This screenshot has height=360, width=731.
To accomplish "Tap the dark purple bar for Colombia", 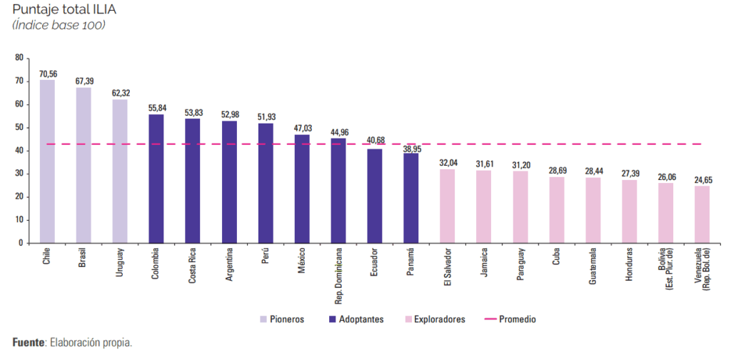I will (156, 179).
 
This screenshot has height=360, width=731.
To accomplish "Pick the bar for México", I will (302, 189).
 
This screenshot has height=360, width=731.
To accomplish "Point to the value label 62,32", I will (120, 93).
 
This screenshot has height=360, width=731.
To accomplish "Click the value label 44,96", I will (338, 132).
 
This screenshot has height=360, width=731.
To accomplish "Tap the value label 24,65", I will (702, 180).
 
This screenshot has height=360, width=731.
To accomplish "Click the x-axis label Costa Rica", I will (193, 266).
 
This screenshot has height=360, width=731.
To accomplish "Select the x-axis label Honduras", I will (630, 265).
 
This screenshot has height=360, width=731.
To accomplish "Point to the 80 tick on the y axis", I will (19, 58).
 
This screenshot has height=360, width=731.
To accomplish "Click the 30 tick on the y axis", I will (19, 174).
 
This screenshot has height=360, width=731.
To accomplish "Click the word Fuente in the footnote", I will (28, 342).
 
